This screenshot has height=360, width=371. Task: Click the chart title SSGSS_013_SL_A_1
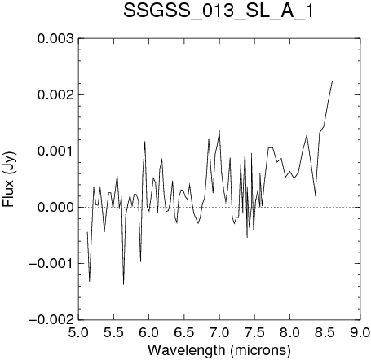219,11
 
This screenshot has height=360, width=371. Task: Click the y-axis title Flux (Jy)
8,179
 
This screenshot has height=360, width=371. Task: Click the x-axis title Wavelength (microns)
219,349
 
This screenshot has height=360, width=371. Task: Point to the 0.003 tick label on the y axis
55,39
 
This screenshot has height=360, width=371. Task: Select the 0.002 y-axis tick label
55,95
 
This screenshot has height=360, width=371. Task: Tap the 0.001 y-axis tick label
55,151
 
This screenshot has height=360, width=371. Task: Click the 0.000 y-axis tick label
55,207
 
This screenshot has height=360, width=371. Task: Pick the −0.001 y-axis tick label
51,263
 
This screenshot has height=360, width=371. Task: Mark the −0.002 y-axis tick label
51,319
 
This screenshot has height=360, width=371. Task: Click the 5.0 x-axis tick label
78,332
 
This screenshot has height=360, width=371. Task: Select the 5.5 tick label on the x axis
113,332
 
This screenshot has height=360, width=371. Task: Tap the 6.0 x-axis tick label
149,332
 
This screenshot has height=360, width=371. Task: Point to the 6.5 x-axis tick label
184,332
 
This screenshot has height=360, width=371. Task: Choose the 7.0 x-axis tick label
219,332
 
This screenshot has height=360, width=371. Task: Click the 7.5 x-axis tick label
254,332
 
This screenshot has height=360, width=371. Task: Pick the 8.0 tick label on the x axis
289,332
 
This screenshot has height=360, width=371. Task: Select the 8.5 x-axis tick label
325,332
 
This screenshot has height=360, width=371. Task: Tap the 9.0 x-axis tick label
360,332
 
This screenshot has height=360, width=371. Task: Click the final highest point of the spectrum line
333,81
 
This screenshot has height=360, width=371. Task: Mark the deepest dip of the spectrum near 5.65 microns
123,284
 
